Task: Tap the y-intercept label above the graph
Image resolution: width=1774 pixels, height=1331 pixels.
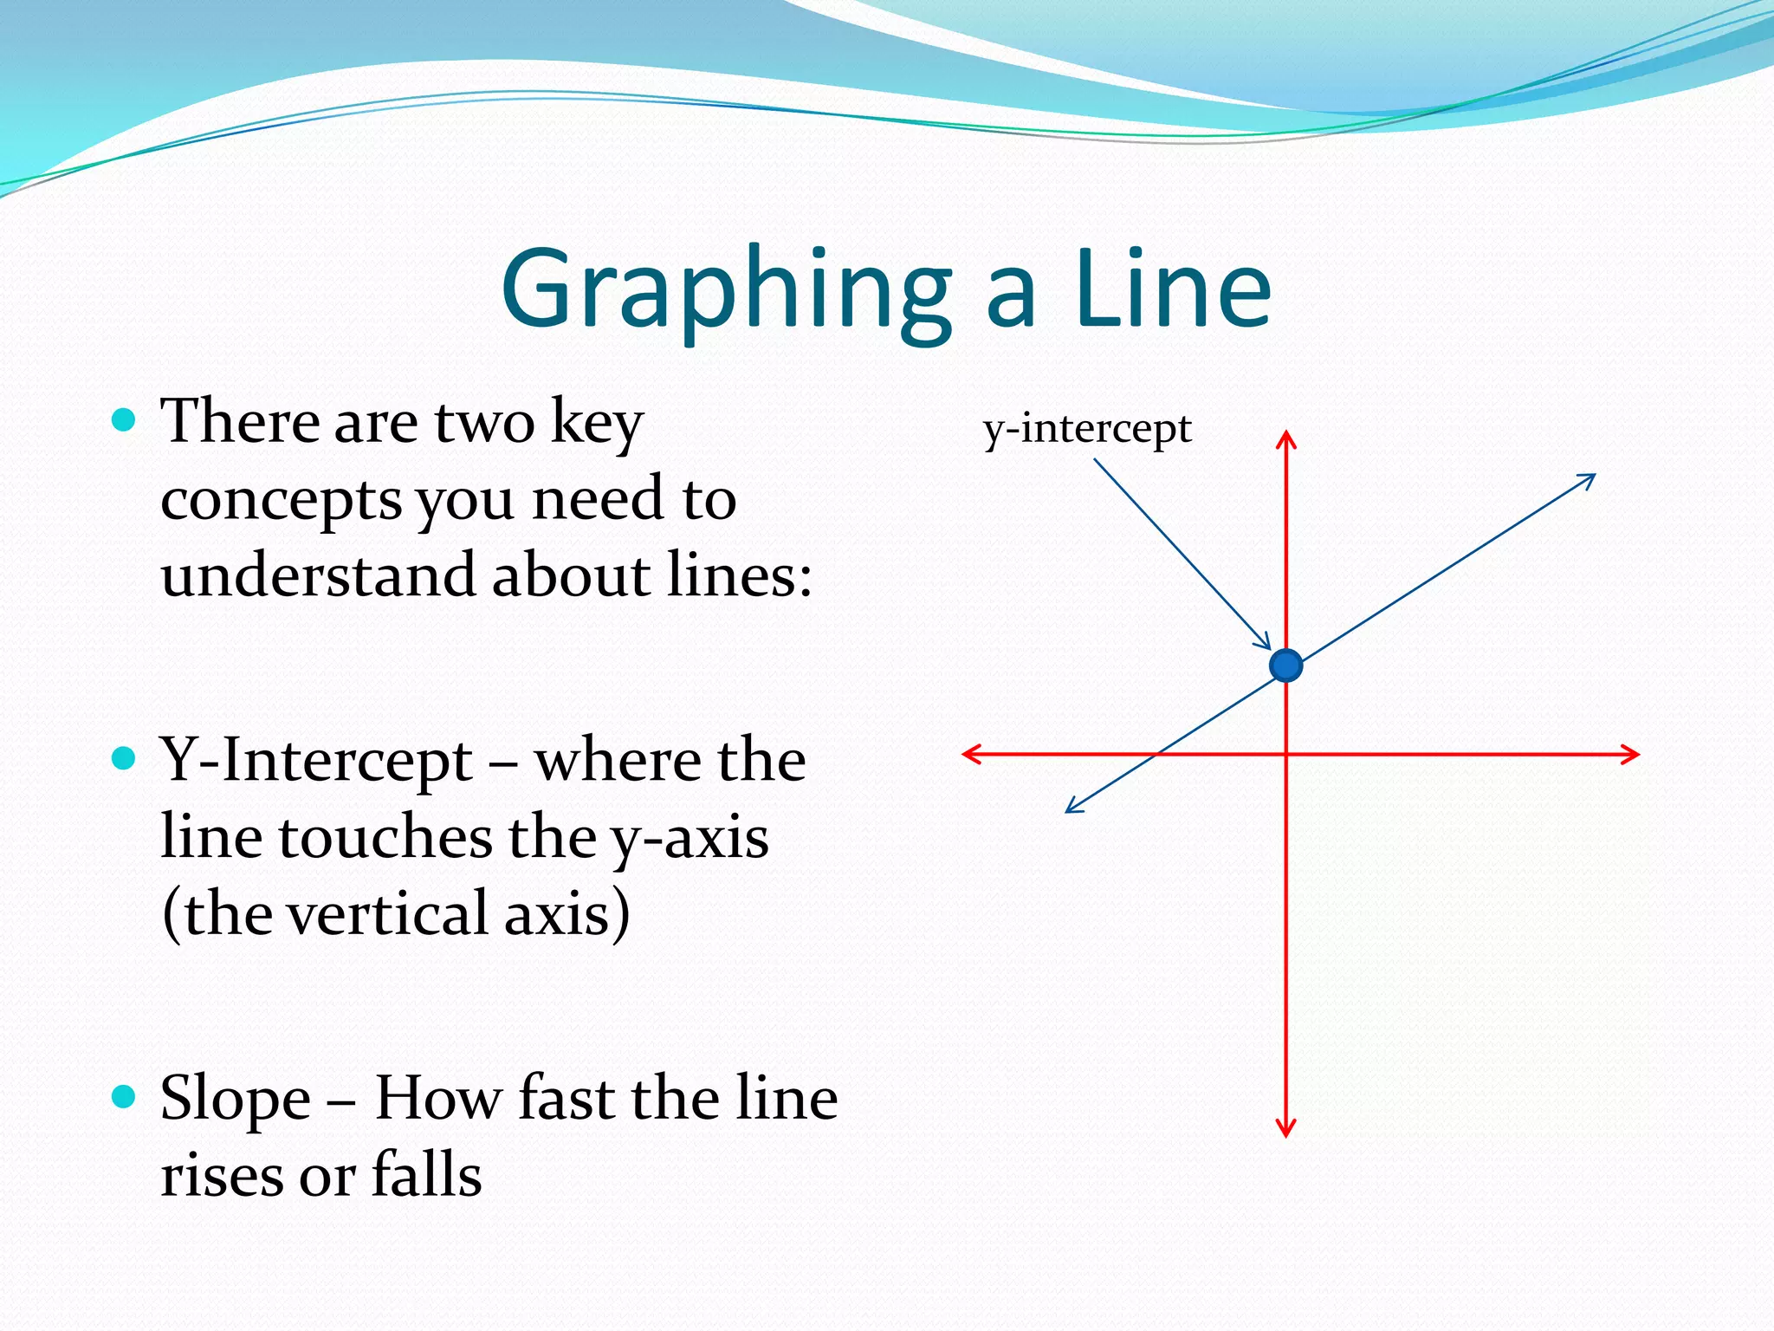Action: tap(1087, 428)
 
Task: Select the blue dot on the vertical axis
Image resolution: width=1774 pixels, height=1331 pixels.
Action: tap(1286, 665)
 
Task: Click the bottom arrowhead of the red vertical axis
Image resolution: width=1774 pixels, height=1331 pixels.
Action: tap(1286, 1129)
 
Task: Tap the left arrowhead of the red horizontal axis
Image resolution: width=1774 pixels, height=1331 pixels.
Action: tap(970, 754)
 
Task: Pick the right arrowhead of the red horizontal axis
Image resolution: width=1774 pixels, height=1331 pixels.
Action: tap(1632, 754)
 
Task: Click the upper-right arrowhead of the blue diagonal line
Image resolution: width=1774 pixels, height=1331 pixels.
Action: tap(1589, 478)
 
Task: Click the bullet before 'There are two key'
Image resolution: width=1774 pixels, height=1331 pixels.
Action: tap(125, 421)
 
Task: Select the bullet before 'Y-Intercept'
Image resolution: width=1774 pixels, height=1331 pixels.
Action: tap(125, 759)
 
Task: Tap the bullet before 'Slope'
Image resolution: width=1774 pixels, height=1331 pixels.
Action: tap(125, 1097)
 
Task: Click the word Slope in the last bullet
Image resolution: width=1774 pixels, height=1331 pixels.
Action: tap(236, 1099)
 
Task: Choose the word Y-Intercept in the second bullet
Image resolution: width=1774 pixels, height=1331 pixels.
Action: tap(316, 760)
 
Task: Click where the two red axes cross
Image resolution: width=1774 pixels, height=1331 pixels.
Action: tap(1286, 754)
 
